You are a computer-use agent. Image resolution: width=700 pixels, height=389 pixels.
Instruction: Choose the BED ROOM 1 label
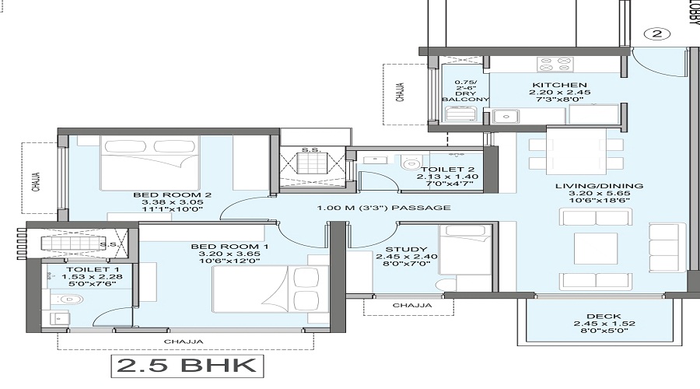[x=229, y=247]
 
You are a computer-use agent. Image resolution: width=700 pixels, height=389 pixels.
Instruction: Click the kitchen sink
[x=506, y=117]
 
